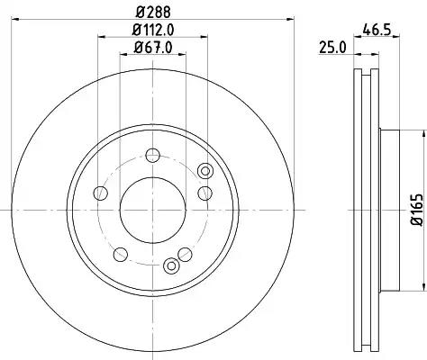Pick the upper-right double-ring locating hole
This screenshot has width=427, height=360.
(205, 171)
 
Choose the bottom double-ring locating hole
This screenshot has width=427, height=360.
(171, 265)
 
